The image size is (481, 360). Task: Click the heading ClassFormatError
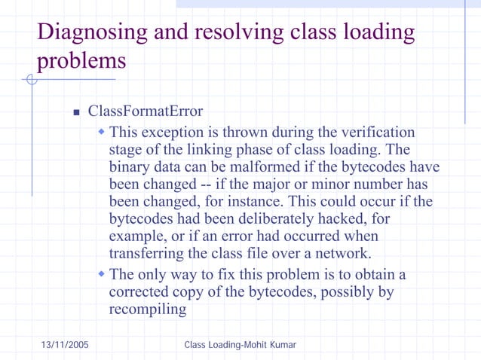pos(146,111)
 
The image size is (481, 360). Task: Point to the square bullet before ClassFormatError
pos(76,113)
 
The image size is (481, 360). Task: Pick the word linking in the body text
pos(226,149)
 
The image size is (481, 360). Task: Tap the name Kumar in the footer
pos(278,344)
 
